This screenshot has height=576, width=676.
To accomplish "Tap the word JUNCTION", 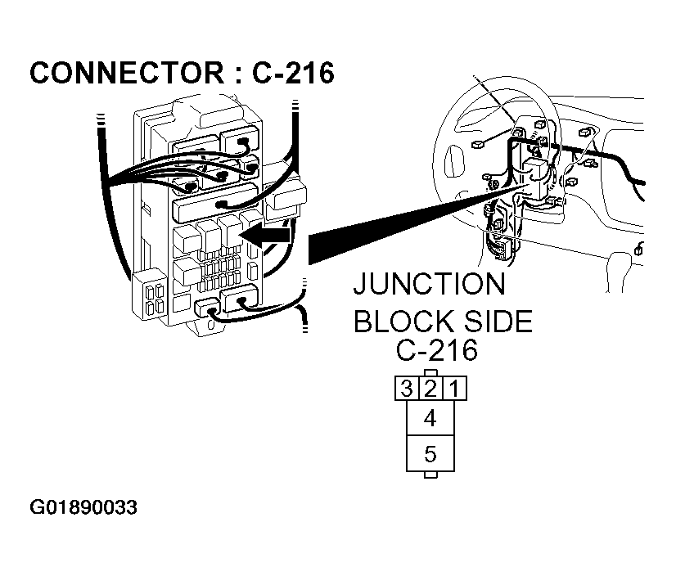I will pyautogui.click(x=429, y=285).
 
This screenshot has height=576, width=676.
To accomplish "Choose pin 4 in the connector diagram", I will pyautogui.click(x=430, y=418).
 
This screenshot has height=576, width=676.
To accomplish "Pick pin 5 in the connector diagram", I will pyautogui.click(x=430, y=454).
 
